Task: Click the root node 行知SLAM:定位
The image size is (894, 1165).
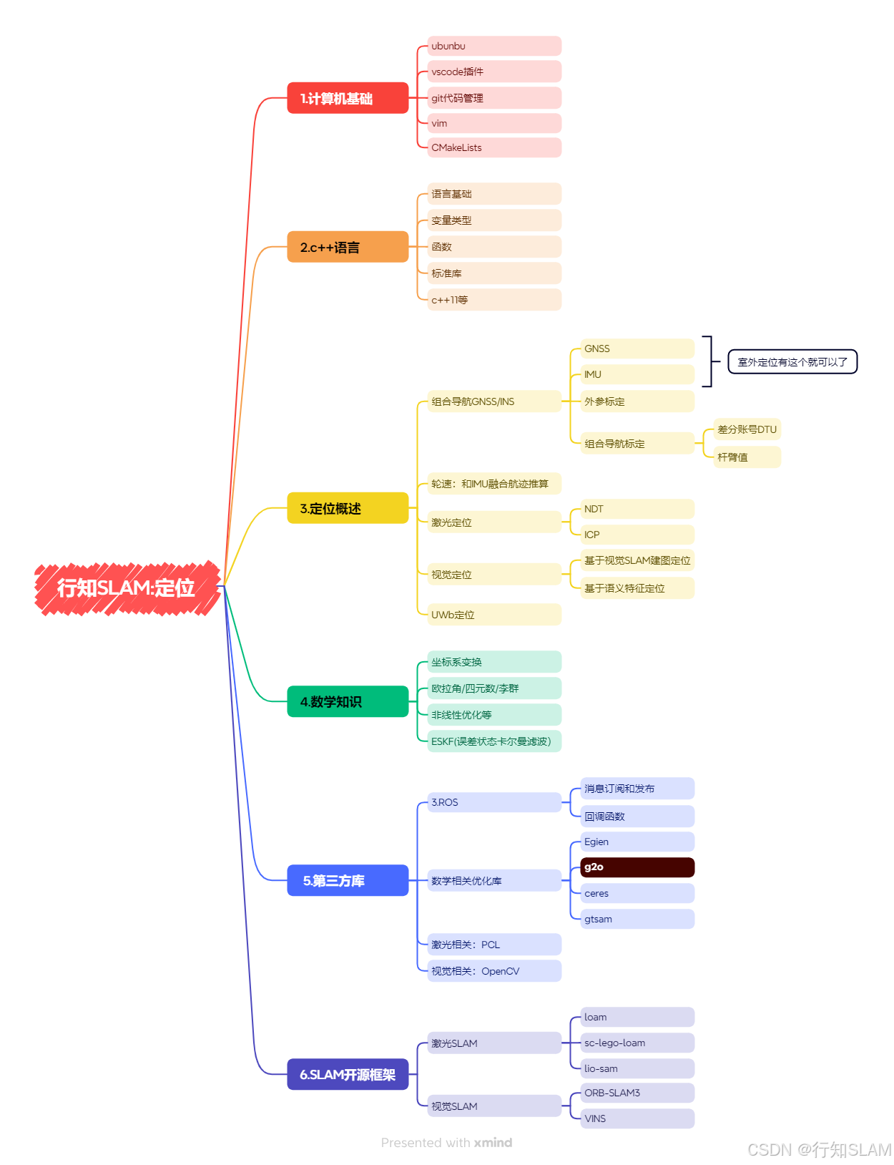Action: tap(127, 588)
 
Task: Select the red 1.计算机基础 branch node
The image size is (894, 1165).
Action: tap(348, 98)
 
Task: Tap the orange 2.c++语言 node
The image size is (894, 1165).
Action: tap(348, 247)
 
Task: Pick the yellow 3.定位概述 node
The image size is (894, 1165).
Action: tap(348, 508)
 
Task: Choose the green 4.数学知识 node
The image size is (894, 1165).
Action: tap(348, 701)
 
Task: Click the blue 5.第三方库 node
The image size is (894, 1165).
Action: tap(348, 880)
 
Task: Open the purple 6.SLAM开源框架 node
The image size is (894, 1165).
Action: tap(348, 1074)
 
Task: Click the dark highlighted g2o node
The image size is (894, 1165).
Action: tap(637, 867)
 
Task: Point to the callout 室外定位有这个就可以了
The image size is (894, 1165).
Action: tap(792, 362)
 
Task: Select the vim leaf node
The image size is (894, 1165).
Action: tap(494, 123)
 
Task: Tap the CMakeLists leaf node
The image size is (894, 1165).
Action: tap(494, 147)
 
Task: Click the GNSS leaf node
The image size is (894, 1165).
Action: tap(637, 348)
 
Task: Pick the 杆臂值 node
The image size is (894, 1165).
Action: tap(747, 457)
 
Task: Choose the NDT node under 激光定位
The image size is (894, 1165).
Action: tap(637, 509)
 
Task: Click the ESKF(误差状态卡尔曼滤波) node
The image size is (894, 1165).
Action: tap(494, 741)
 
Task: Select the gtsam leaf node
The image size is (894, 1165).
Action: tap(637, 919)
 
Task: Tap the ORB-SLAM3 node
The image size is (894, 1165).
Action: tap(637, 1093)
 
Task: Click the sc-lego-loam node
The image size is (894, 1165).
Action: tap(637, 1043)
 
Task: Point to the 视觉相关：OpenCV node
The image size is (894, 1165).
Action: tap(494, 971)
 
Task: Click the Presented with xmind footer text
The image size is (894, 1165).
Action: tap(446, 1143)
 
